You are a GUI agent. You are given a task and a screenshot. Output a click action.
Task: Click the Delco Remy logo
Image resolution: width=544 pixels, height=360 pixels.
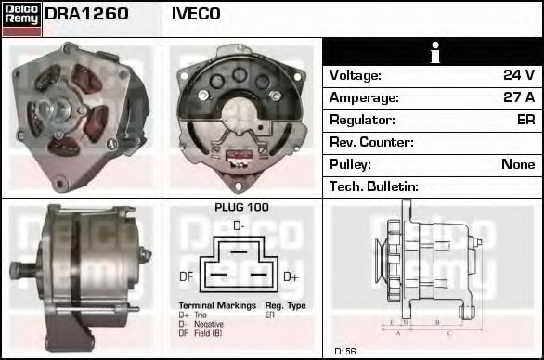[21, 18]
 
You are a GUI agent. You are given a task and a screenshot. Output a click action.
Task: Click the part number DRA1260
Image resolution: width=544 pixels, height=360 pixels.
[86, 14]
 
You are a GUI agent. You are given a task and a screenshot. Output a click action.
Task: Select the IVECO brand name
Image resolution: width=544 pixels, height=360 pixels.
[196, 14]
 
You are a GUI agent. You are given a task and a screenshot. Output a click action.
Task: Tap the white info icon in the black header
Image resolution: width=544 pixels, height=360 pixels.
[432, 53]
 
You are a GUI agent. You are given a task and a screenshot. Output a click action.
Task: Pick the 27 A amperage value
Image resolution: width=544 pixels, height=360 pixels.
[518, 97]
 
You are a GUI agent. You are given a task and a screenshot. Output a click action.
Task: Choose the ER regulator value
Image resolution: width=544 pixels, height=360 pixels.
[525, 120]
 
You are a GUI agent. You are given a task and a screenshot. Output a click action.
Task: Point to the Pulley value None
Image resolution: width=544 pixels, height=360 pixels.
[518, 164]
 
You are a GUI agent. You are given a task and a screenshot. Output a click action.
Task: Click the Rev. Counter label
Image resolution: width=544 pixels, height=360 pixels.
[371, 142]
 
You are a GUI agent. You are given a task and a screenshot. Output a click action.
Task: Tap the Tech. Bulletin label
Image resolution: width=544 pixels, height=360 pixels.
[374, 186]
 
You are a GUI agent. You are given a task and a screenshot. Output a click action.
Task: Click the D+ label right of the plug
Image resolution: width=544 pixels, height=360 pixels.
[290, 276]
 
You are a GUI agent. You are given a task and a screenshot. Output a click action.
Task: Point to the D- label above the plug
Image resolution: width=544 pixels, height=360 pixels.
[239, 225]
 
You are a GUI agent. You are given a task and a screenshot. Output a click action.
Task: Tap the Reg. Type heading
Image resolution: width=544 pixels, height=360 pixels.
[285, 305]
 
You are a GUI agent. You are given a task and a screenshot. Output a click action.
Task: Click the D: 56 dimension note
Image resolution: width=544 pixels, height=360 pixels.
[345, 351]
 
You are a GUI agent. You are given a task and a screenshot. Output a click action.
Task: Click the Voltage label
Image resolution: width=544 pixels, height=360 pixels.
[356, 75]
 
